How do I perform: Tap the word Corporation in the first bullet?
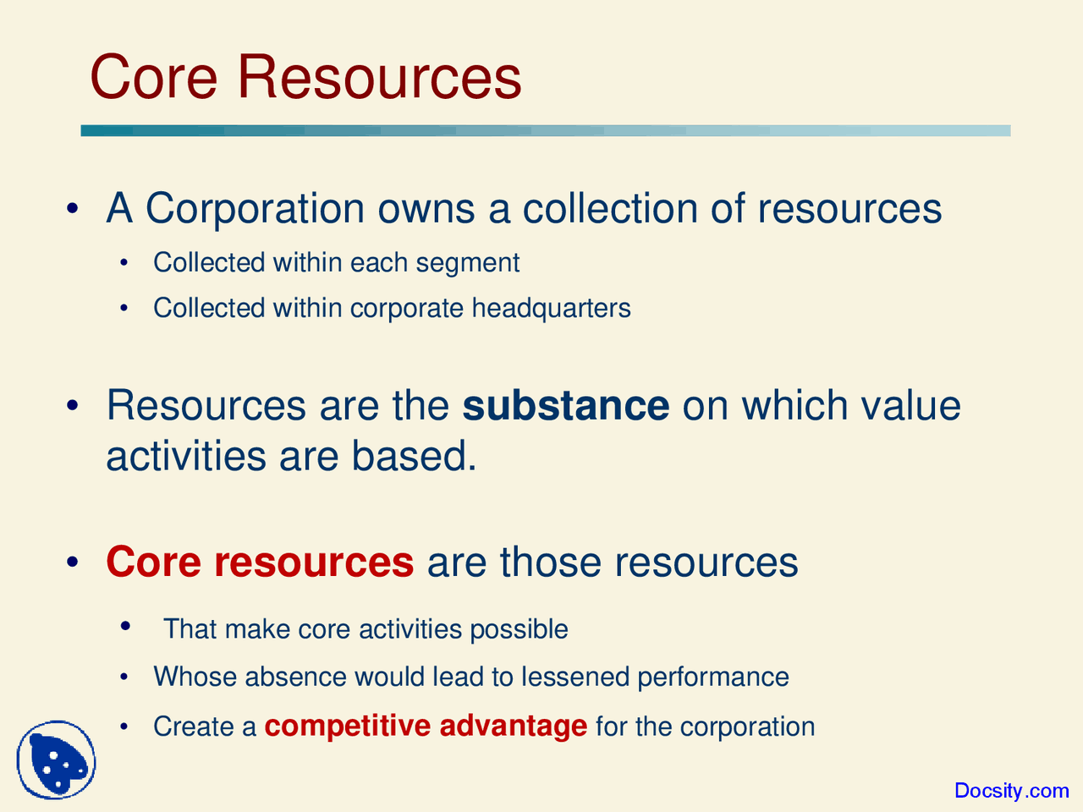click(255, 209)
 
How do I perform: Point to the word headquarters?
click(551, 308)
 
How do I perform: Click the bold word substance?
click(565, 406)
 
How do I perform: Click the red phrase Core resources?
click(260, 562)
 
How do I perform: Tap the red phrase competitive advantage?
click(426, 727)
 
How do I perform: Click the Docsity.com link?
click(1011, 791)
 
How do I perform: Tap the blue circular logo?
click(56, 760)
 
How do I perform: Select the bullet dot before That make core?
click(125, 627)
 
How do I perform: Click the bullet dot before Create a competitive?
click(125, 727)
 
